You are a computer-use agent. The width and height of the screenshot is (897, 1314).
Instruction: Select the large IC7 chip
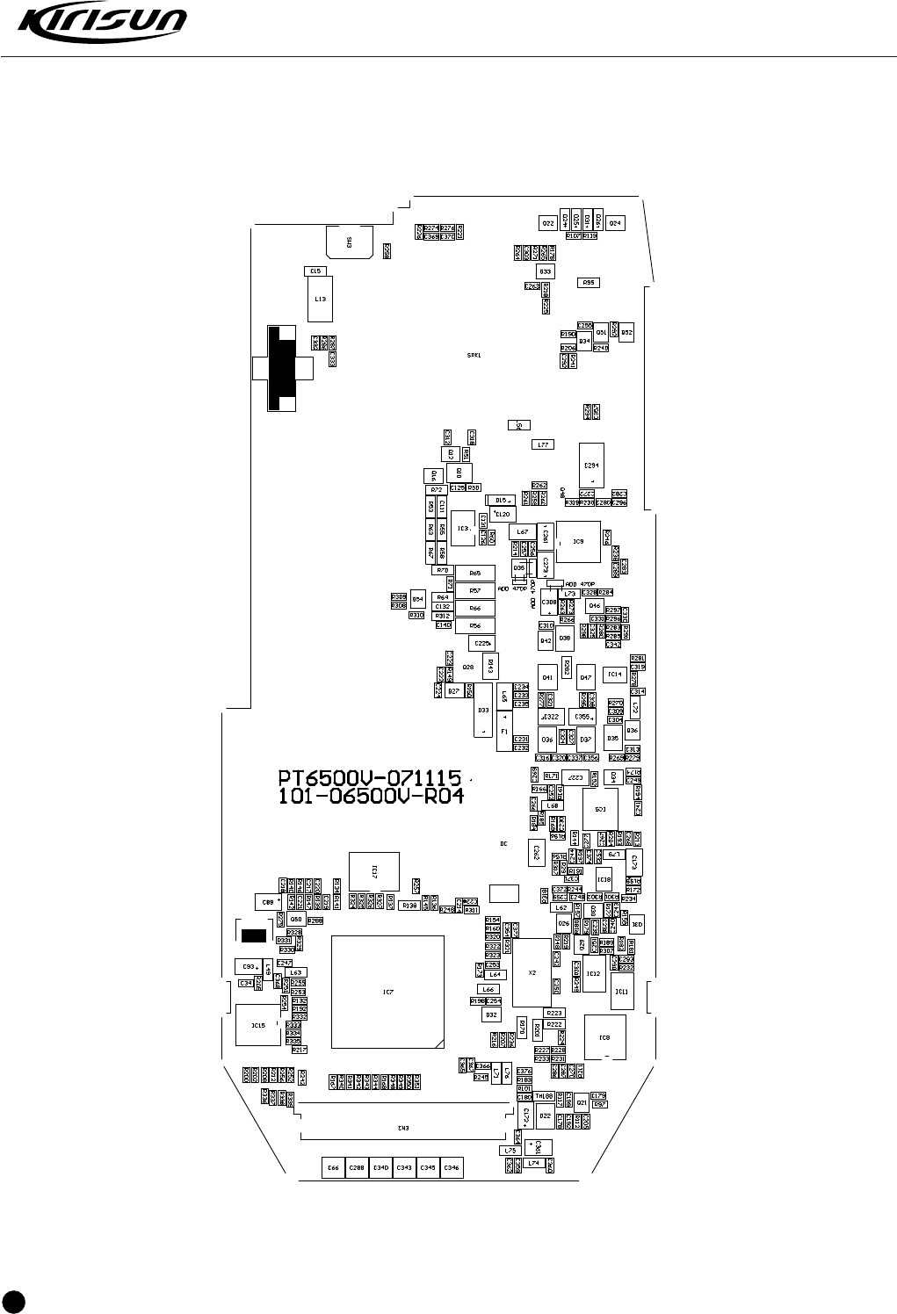click(x=387, y=992)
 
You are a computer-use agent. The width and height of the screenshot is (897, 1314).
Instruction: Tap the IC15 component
click(x=258, y=1025)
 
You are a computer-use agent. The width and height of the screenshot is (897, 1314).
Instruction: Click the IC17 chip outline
click(x=374, y=873)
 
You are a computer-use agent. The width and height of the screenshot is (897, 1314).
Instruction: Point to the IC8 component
click(x=604, y=1038)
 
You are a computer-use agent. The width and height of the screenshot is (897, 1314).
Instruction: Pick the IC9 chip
click(x=578, y=542)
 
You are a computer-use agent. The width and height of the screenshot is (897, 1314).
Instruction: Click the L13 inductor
click(x=321, y=299)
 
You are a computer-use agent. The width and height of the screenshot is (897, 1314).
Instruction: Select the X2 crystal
click(x=532, y=973)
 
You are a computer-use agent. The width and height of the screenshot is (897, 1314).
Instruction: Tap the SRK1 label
click(x=474, y=356)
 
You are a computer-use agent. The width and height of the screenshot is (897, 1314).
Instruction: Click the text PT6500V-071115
click(x=370, y=778)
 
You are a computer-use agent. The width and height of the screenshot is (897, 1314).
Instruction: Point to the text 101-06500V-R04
click(x=370, y=797)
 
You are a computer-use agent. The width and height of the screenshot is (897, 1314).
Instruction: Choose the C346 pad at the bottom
click(x=451, y=1167)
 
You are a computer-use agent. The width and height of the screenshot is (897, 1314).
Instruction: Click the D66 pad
click(x=333, y=1167)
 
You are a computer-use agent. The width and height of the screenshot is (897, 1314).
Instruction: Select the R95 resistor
click(x=589, y=282)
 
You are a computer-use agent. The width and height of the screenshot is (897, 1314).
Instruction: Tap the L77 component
click(x=543, y=444)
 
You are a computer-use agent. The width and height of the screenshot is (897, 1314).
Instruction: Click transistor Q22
click(x=547, y=224)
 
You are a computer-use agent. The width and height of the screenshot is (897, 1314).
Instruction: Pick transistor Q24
click(x=615, y=223)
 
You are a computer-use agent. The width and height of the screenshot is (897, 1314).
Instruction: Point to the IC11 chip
click(x=622, y=991)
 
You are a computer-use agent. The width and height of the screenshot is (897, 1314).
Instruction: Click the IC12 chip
click(x=594, y=974)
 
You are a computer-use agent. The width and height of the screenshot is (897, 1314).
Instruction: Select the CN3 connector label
click(x=403, y=1129)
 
